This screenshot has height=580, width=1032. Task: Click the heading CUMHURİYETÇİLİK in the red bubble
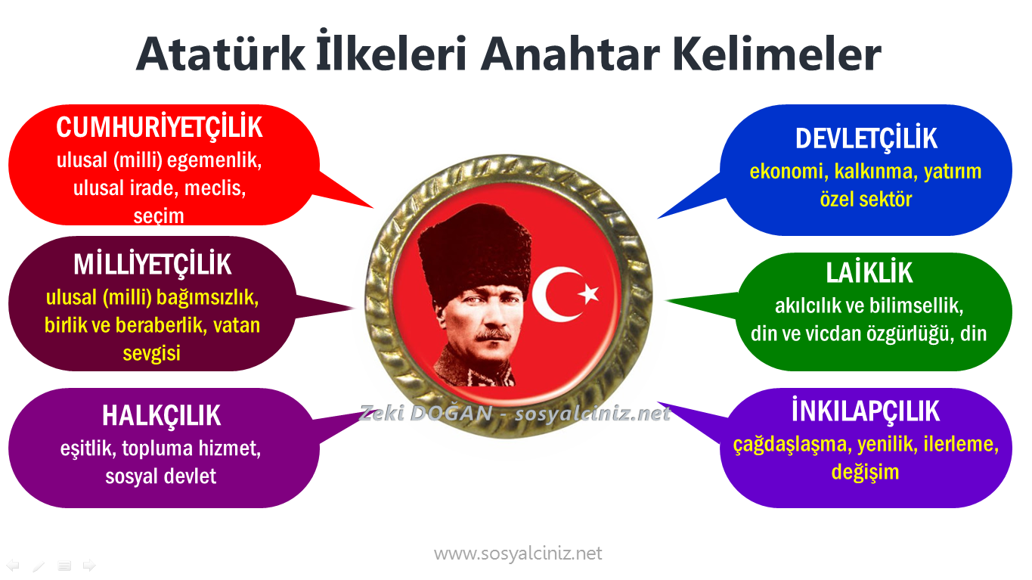[x=160, y=128]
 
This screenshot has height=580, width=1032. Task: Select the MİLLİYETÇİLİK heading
[x=153, y=265]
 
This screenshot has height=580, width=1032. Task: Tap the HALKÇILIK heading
[x=161, y=415]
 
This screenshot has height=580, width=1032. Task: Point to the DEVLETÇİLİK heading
[x=866, y=138]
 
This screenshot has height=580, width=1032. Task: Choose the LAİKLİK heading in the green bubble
[x=869, y=273]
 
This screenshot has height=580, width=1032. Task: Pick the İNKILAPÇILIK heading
[x=866, y=411]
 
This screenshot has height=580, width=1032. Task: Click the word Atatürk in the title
[x=215, y=54]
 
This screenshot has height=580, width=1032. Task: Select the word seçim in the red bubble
[x=159, y=216]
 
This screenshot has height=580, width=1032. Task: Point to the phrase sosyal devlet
[x=161, y=476]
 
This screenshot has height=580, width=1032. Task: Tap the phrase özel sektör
[x=866, y=199]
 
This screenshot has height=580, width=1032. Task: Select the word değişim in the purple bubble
[x=865, y=472]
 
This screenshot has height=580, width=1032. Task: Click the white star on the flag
[x=588, y=293]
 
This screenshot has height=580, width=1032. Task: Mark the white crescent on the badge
[x=550, y=294]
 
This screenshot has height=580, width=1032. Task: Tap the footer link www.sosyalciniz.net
[x=518, y=554]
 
